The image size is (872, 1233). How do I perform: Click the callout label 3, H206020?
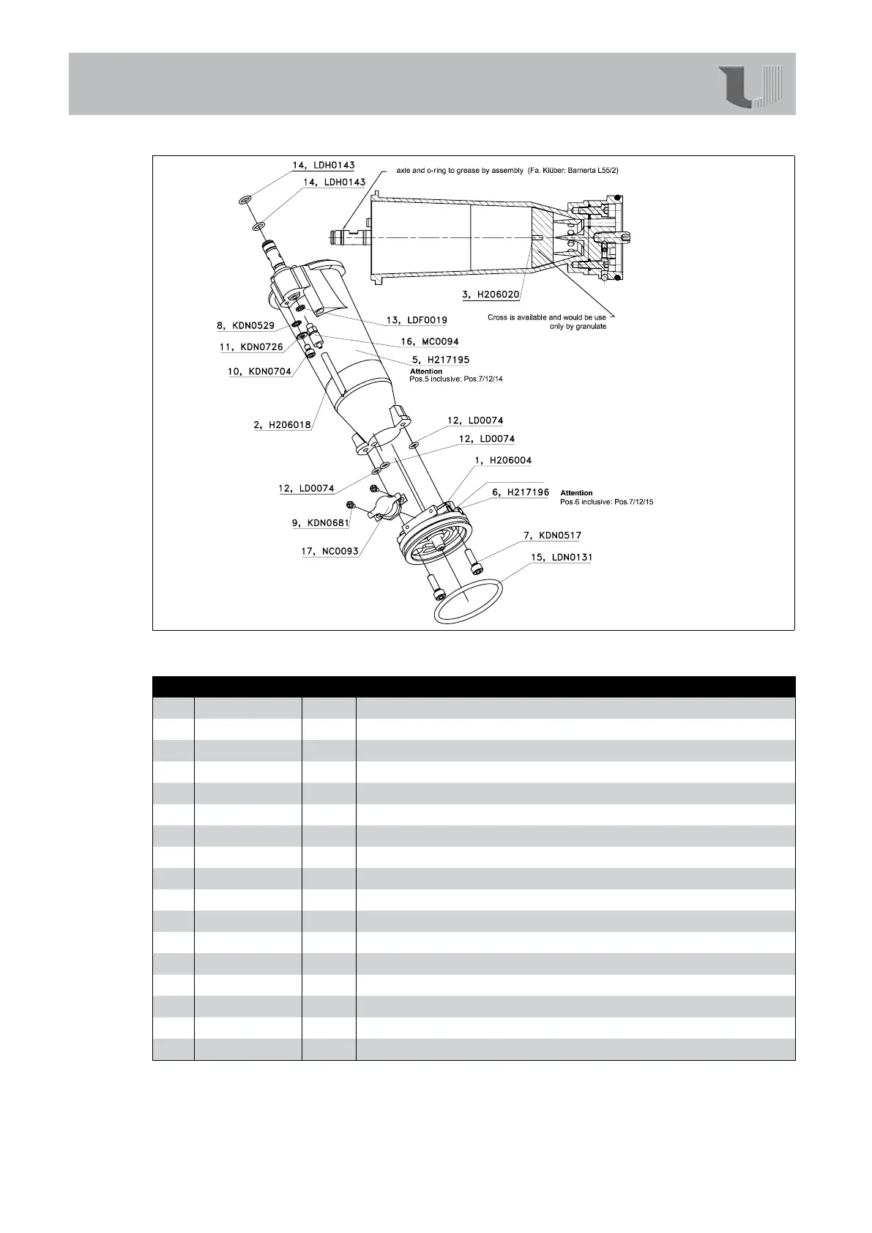(x=491, y=295)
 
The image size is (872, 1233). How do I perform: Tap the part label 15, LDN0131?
(x=562, y=558)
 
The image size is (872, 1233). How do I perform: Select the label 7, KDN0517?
(x=552, y=536)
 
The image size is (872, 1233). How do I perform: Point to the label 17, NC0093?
(x=330, y=551)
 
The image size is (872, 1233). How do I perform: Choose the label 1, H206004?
(x=503, y=460)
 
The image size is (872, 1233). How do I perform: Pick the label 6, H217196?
(x=521, y=492)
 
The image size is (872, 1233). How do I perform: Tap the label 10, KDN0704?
(x=259, y=371)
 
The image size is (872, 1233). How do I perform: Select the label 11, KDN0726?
(x=251, y=347)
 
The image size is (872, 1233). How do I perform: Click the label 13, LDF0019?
(x=417, y=320)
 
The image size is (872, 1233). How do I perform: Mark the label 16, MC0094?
(x=430, y=341)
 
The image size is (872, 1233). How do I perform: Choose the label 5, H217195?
(x=441, y=360)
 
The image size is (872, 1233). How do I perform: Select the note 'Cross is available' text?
(x=547, y=322)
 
